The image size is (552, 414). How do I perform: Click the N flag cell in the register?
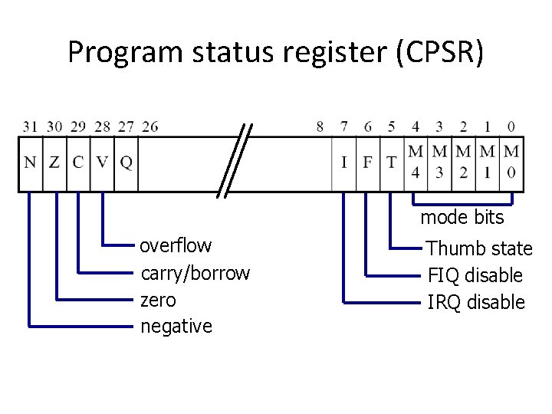click(30, 163)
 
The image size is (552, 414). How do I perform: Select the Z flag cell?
click(54, 163)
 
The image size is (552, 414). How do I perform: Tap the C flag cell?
click(78, 163)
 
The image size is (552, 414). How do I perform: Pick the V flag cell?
click(102, 163)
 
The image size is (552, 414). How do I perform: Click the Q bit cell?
click(126, 163)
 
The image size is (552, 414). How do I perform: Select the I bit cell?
click(343, 163)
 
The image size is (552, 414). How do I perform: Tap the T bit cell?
click(392, 163)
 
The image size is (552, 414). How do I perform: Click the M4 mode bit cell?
click(416, 162)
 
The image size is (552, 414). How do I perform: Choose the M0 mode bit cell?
click(511, 162)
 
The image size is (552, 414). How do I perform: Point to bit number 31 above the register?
click(30, 127)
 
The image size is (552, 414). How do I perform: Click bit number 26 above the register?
click(150, 127)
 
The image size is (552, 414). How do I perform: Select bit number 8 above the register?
click(320, 127)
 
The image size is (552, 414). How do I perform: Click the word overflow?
click(176, 246)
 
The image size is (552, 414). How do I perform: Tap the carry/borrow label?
click(195, 273)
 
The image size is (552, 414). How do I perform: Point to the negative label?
click(176, 327)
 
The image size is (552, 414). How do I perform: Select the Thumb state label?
click(479, 248)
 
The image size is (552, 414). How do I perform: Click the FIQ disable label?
click(475, 275)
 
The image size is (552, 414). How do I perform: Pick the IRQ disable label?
click(475, 302)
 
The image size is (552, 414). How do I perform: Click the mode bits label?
click(462, 218)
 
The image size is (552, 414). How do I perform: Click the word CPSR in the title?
click(439, 52)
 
